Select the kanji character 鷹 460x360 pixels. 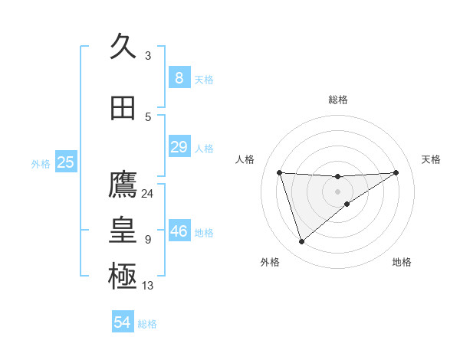pyautogui.click(x=123, y=185)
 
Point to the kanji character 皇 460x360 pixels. pyautogui.click(x=123, y=231)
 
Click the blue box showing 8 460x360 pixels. pyautogui.click(x=179, y=77)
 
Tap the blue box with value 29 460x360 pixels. pyautogui.click(x=179, y=147)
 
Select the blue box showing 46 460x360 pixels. pyautogui.click(x=179, y=231)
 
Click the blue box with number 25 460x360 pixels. pyautogui.click(x=65, y=162)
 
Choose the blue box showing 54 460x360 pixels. pyautogui.click(x=123, y=322)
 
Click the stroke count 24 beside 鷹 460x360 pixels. pyautogui.click(x=147, y=194)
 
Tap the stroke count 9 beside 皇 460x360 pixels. pyautogui.click(x=147, y=240)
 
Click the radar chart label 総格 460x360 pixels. pyautogui.click(x=337, y=100)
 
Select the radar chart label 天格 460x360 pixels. pyautogui.click(x=432, y=159)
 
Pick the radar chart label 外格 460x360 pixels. pyautogui.click(x=270, y=262)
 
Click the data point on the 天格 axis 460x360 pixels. pyautogui.click(x=396, y=172)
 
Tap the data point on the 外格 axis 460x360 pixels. pyautogui.click(x=301, y=242)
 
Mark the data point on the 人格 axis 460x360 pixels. pyautogui.click(x=279, y=172)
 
